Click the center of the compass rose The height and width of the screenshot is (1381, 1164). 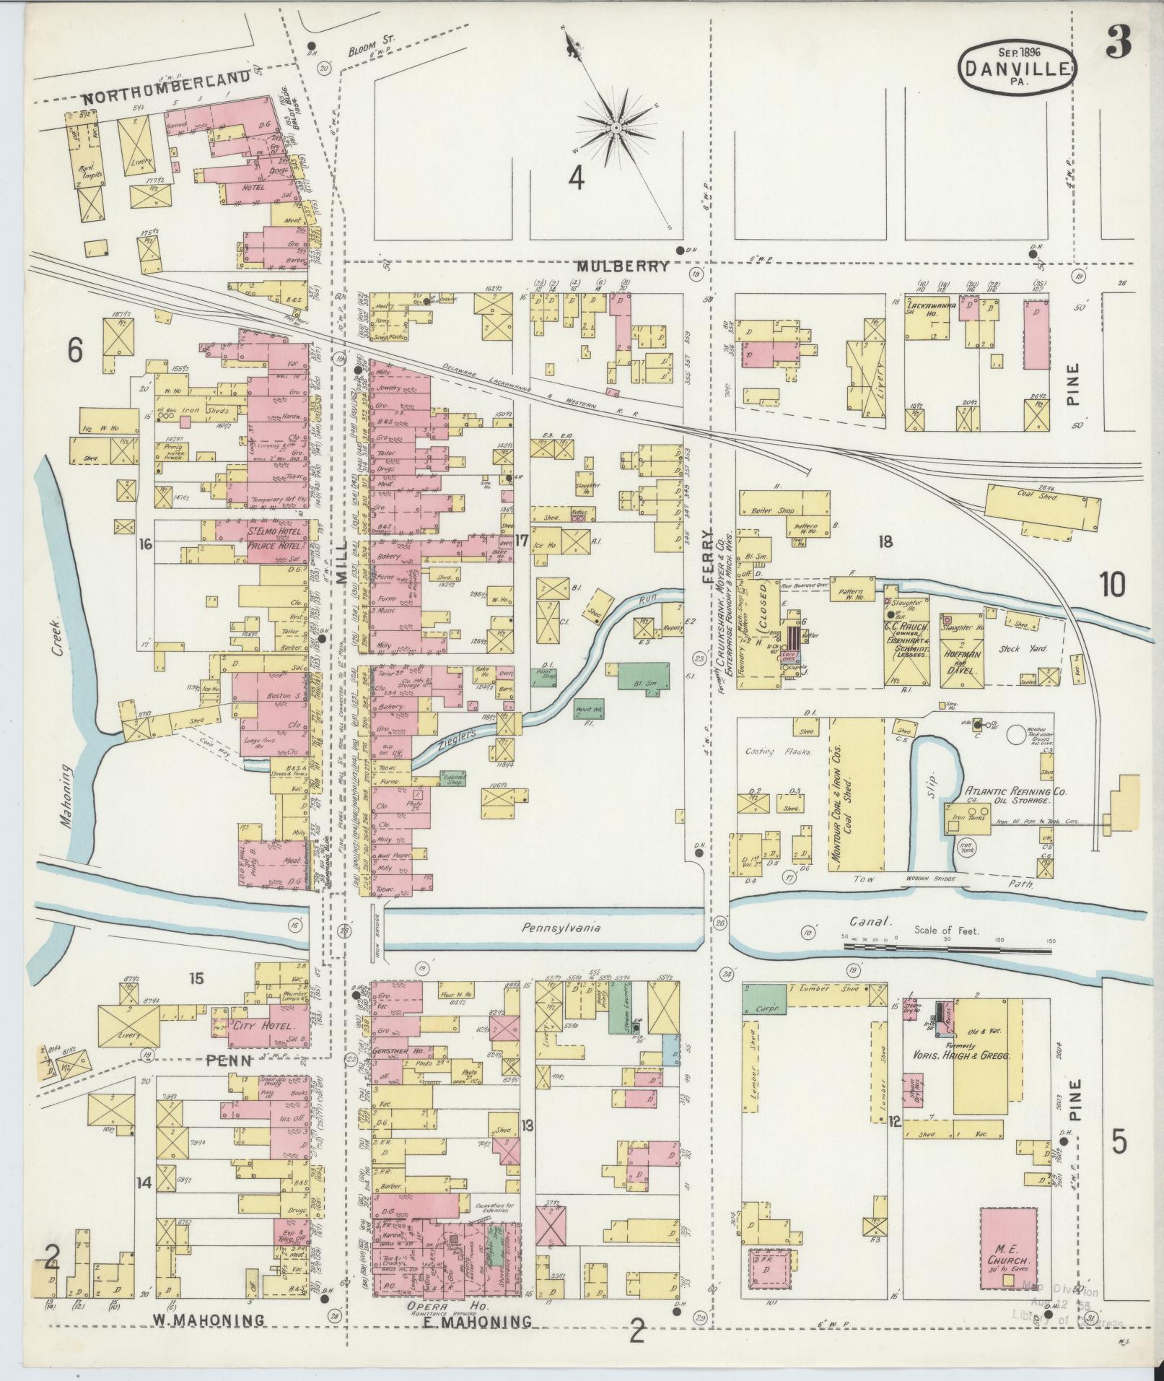(616, 128)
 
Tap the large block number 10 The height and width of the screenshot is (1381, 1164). (1112, 585)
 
